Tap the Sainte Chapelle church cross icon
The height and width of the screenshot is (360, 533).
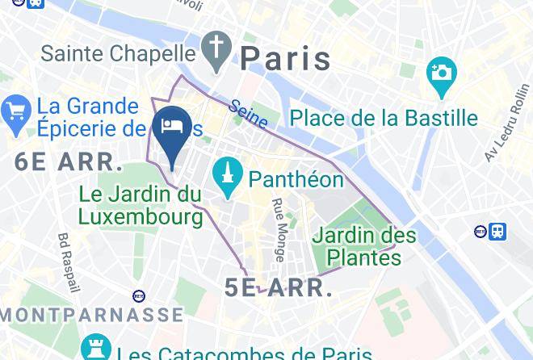(216, 50)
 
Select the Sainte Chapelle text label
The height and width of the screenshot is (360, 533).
(119, 53)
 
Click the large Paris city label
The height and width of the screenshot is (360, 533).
(286, 58)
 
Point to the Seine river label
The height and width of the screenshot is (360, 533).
(248, 114)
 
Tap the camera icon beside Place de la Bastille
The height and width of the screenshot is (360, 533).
(442, 73)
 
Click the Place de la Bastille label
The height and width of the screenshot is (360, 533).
(384, 118)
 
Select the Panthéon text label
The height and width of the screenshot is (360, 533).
(296, 179)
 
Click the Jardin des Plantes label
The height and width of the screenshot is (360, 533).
(363, 246)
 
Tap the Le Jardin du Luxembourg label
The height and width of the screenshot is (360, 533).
(141, 205)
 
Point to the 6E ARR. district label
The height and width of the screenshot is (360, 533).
(68, 161)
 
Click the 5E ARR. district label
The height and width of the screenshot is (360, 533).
(279, 288)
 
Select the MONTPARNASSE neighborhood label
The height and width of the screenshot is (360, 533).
(91, 314)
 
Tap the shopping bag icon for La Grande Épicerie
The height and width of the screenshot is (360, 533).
(16, 117)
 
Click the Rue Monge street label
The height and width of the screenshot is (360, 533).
(277, 230)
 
